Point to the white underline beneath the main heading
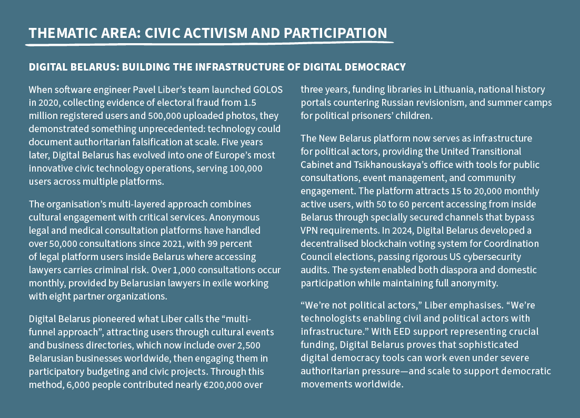click(211, 44)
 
